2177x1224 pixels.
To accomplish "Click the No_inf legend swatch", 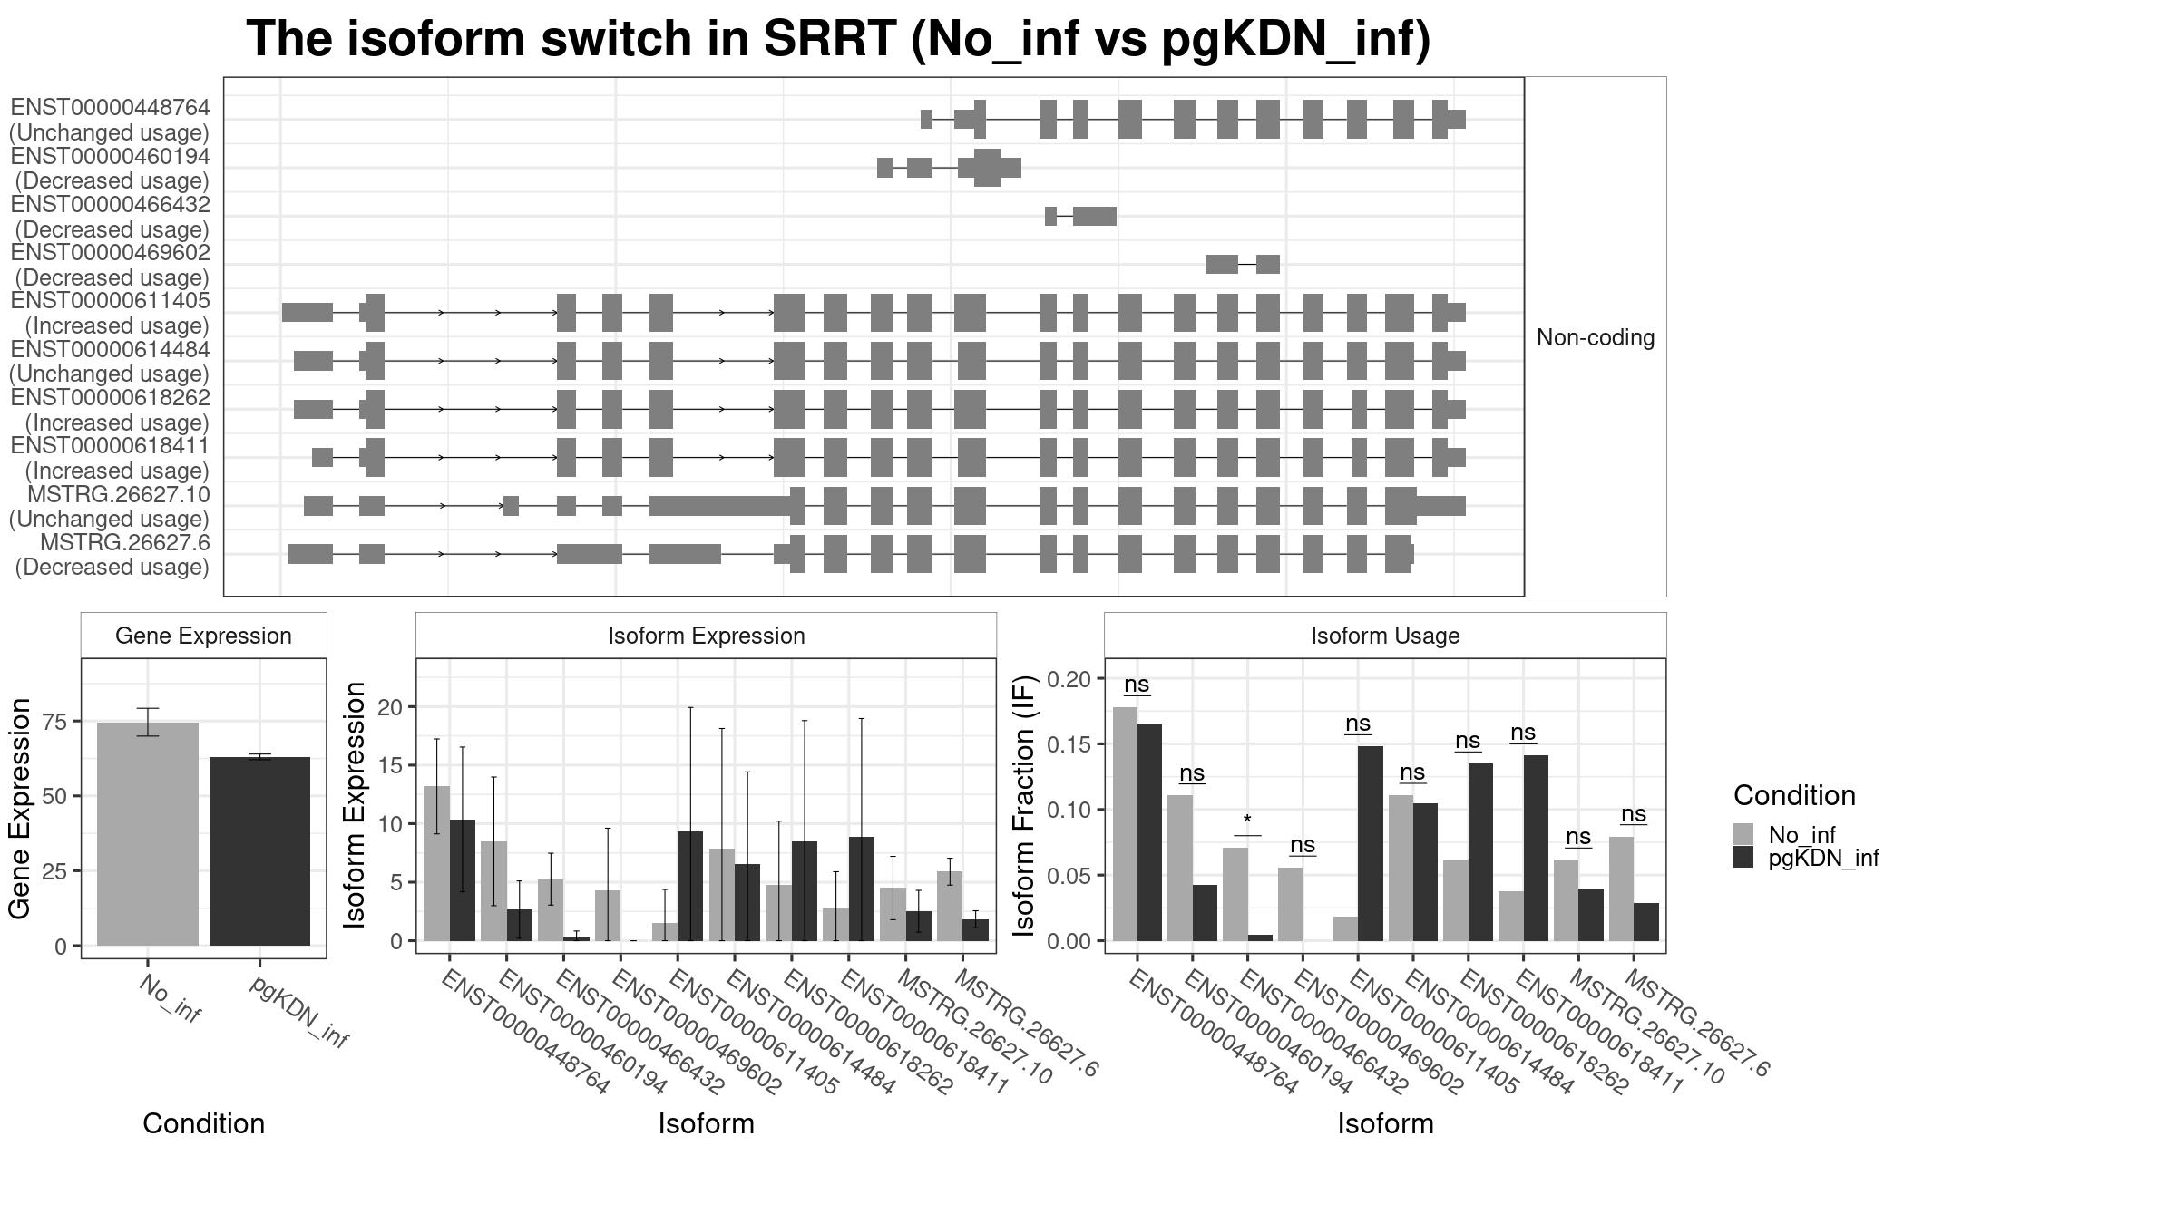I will [1743, 834].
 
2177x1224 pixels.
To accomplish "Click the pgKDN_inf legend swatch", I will [1743, 858].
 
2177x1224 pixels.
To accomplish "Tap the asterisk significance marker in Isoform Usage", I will [1247, 821].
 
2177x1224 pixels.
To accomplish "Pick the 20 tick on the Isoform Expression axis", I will [391, 707].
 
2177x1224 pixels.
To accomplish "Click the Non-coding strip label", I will [1595, 337].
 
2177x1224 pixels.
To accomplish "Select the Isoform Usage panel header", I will [1385, 636].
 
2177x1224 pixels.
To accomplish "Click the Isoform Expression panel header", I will [706, 636].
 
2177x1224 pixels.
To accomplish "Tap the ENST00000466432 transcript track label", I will [111, 206].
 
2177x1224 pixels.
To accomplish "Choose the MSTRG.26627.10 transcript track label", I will [118, 495].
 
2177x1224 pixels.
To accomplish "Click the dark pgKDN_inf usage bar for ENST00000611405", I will [1371, 843].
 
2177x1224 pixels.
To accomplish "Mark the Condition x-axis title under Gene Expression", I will [203, 1123].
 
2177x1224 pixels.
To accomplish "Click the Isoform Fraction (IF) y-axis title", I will [1024, 805].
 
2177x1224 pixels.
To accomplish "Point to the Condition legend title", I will [1793, 795].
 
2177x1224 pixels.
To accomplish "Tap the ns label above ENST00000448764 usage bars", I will [1137, 685].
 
